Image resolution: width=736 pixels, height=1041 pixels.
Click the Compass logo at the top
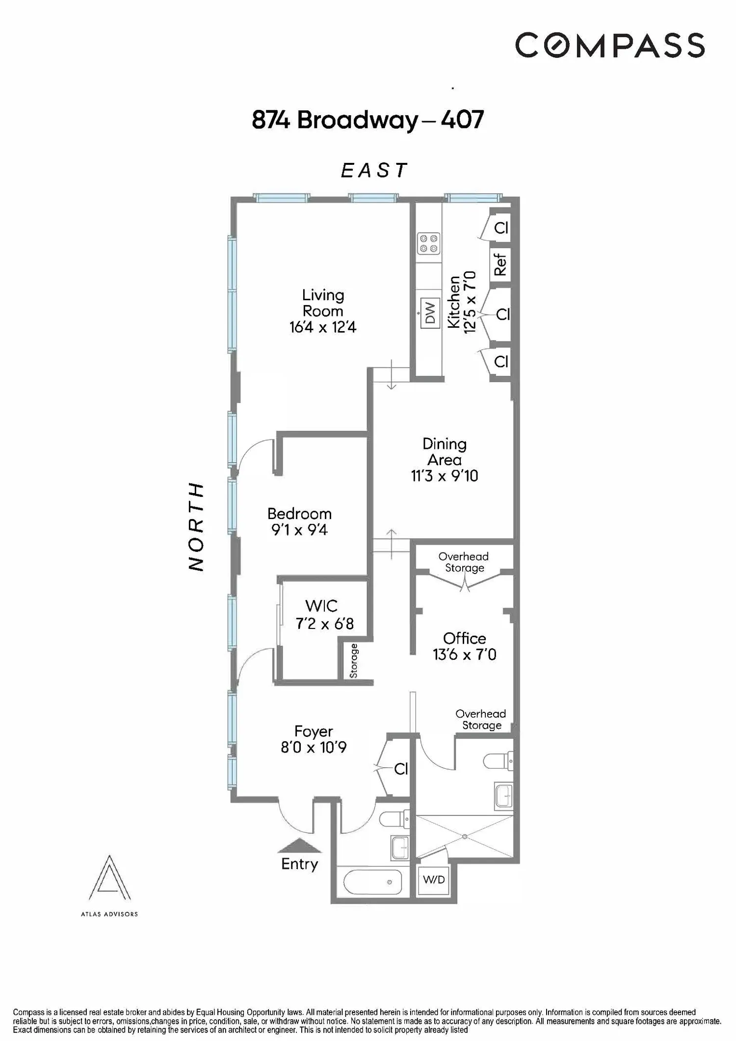click(x=610, y=45)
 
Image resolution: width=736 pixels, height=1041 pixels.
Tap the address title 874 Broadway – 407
click(x=368, y=120)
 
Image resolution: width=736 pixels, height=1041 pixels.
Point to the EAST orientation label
click(x=374, y=170)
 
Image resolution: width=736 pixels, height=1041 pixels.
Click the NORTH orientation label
click(x=196, y=526)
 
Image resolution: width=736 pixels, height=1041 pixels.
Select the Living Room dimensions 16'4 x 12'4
click(x=323, y=327)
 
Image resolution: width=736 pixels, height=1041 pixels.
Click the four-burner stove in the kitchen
click(x=428, y=244)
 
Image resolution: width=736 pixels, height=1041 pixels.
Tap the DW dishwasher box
click(x=430, y=313)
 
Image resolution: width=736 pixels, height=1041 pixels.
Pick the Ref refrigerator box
click(x=500, y=264)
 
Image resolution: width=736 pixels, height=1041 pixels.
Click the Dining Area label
click(x=445, y=452)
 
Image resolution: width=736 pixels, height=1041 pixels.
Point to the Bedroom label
click(x=299, y=514)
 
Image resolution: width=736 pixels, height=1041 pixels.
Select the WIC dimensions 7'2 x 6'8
click(x=324, y=624)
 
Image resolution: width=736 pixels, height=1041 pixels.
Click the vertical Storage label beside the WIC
click(x=354, y=661)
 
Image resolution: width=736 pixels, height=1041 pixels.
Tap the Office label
click(x=464, y=638)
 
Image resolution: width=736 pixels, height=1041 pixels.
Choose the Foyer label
click(x=314, y=731)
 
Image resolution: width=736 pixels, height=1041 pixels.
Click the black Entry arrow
click(x=299, y=845)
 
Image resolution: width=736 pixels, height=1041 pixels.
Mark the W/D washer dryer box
click(x=434, y=880)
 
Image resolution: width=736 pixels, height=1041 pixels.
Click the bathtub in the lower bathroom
click(x=372, y=882)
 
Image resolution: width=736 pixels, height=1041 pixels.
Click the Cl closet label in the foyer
click(x=401, y=769)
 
